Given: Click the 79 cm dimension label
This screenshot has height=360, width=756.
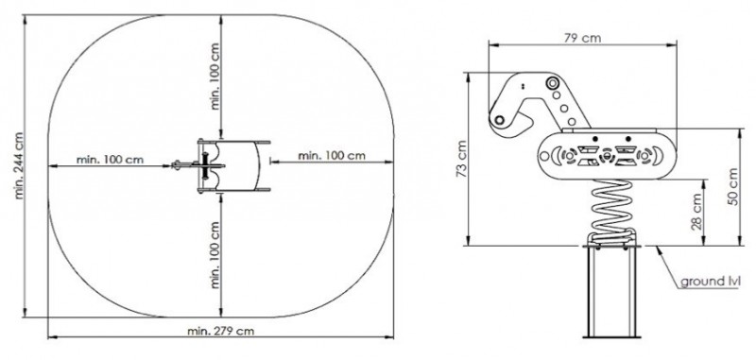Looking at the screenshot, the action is tap(582, 38).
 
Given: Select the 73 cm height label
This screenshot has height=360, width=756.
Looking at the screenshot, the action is tap(461, 159).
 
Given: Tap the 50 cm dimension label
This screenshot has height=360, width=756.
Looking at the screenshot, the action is tap(733, 187).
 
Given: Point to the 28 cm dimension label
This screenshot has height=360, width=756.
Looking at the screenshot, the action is tap(696, 212).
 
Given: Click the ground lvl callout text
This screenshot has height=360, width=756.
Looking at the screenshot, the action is tap(711, 281).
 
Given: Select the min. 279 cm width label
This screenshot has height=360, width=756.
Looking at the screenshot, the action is tap(220, 332).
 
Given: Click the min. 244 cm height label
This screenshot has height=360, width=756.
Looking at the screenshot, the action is tap(19, 165).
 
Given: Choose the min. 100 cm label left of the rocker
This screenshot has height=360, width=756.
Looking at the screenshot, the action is tap(110, 160).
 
